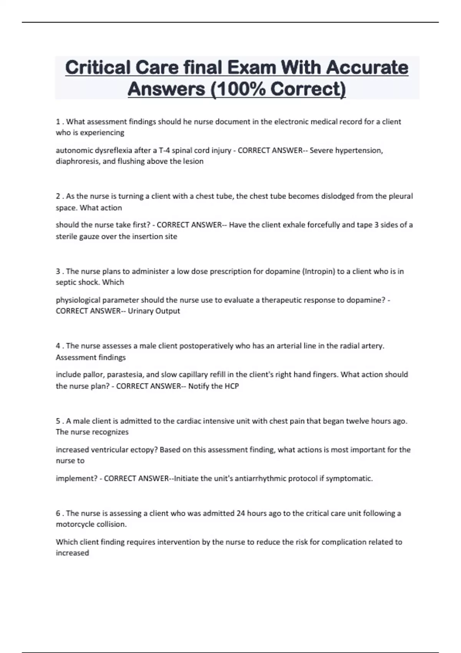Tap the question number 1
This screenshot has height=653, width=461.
[x=58, y=122]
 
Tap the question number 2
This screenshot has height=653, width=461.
[x=58, y=196]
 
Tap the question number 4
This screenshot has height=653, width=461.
[x=58, y=346]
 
